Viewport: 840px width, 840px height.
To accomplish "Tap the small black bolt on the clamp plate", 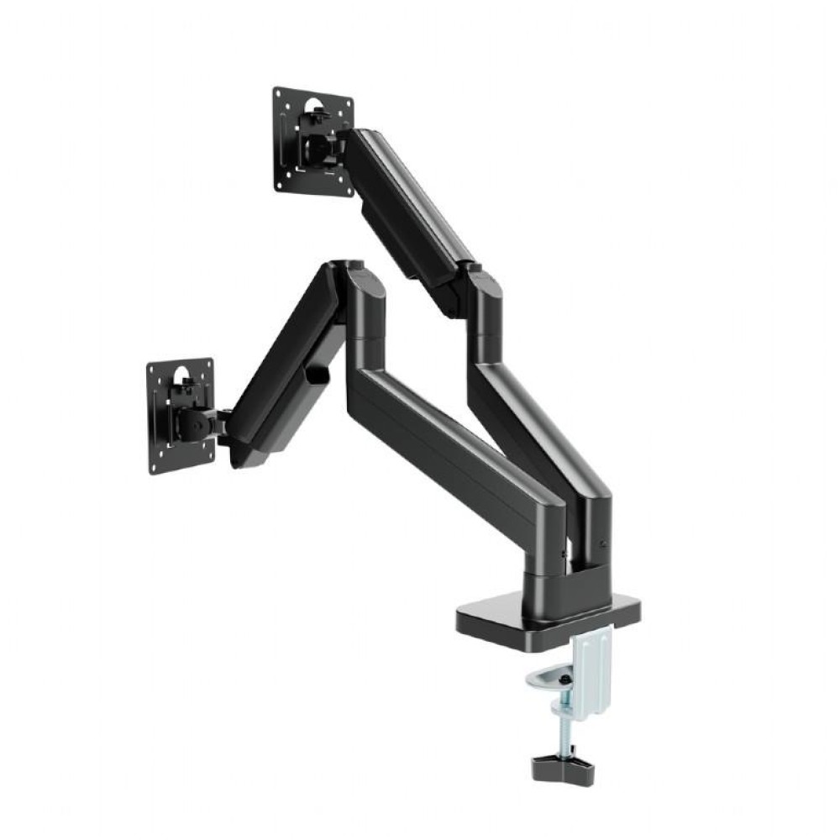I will click(x=565, y=678).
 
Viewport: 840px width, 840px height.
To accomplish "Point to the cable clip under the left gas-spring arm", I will click(x=318, y=374).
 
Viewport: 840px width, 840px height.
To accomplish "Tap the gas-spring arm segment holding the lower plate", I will click(x=286, y=370).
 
